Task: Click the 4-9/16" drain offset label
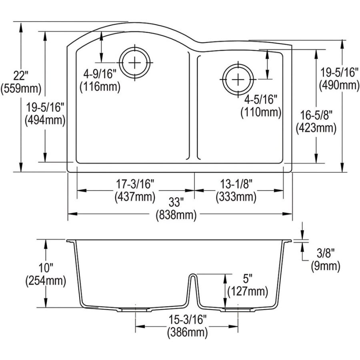pos(100,74)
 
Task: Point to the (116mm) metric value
pos(100,86)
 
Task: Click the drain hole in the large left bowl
pos(136,62)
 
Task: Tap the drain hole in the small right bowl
pos(238,79)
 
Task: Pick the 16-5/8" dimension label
pos(316,116)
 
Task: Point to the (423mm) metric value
pos(316,128)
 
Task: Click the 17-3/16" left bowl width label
pos(135,184)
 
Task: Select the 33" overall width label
pos(176,202)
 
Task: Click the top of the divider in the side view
pos(192,275)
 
